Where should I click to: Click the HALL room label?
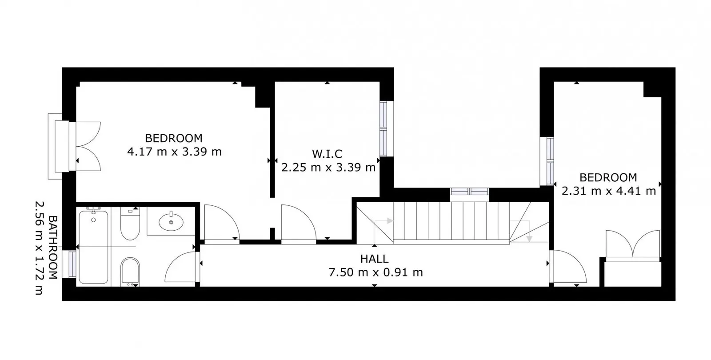pos(374,259)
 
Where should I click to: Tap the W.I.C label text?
pos(327,154)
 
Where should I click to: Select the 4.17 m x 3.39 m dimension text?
pos(174,152)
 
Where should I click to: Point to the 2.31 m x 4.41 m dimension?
pos(608,191)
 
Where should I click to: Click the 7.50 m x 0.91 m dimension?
pos(375,272)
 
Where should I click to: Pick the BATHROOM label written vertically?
pos(53,248)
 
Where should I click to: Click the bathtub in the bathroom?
pos(93,247)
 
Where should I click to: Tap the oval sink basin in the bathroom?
pos(171,222)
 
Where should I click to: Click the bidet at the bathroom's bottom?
pos(130,272)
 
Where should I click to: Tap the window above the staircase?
pos(469,192)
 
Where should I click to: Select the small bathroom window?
pos(72,264)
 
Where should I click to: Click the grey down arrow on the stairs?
pos(529,239)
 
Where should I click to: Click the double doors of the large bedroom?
pos(88,146)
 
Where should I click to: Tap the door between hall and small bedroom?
pos(568,267)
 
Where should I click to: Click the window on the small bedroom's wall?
pos(547,161)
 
